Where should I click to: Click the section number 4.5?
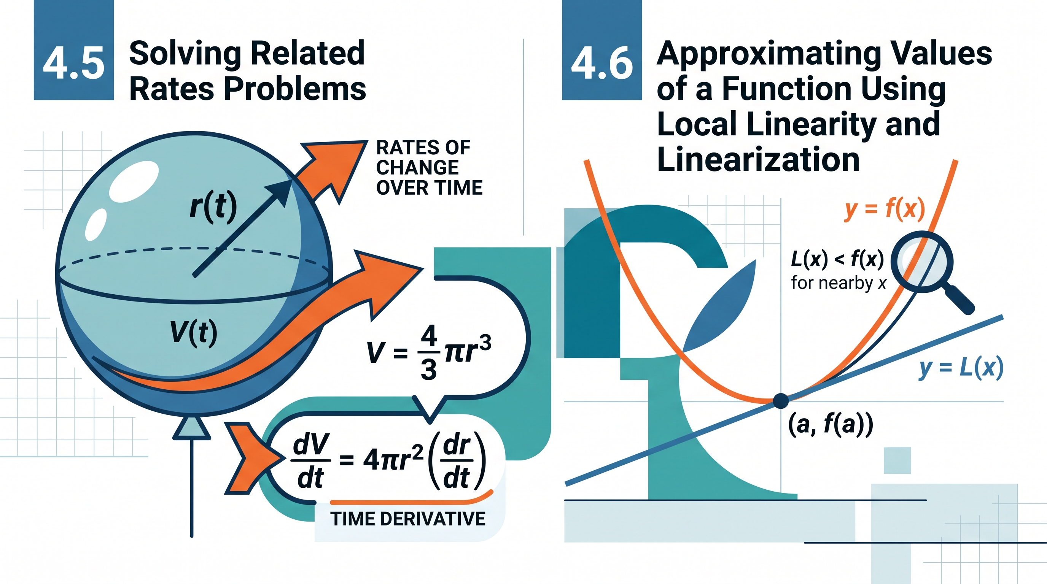73,63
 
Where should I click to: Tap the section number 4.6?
602,63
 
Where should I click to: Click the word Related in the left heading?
307,53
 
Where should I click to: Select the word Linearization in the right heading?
758,159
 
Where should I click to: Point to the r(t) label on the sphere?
213,207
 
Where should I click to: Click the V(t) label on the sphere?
194,333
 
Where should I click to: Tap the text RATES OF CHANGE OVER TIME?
429,167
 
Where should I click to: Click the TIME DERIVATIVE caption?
408,519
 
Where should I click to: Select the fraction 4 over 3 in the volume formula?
428,352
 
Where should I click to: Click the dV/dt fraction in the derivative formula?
310,461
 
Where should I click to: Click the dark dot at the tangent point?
780,401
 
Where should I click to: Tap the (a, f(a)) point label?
831,425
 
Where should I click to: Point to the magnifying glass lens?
922,262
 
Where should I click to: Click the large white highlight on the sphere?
135,181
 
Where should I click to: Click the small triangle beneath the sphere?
191,428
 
